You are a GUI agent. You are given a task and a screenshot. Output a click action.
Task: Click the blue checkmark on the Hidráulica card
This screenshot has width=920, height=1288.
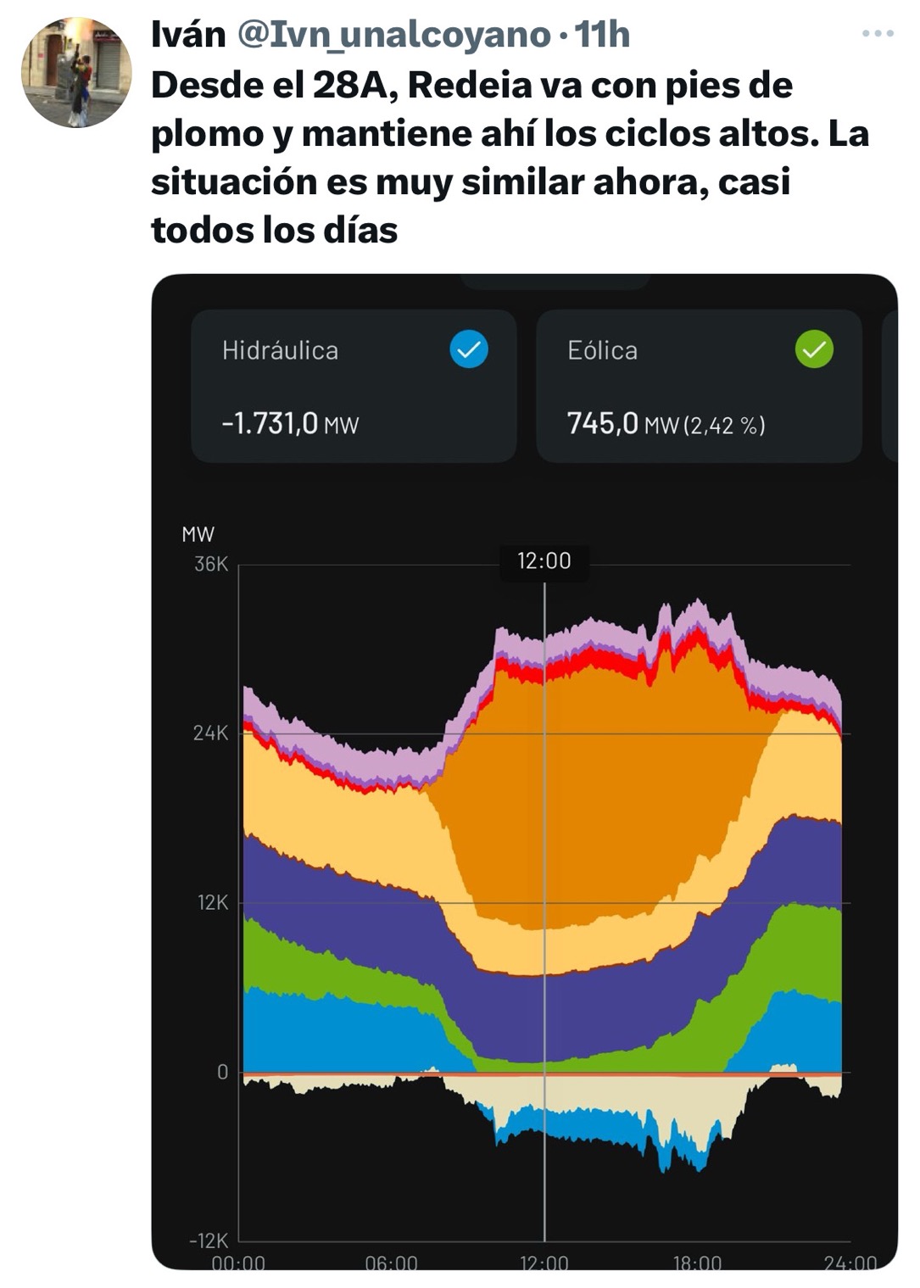coord(469,348)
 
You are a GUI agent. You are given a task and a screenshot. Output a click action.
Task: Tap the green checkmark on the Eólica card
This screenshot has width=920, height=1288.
coord(814,348)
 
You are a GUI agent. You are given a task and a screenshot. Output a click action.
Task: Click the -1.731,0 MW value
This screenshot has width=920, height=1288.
coord(290,424)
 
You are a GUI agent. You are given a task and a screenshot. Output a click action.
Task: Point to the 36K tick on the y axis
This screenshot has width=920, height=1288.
coord(211,564)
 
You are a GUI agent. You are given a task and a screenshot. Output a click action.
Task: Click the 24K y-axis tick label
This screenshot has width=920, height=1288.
coord(210,733)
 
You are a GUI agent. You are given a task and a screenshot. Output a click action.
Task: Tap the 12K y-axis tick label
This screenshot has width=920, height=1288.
coord(213,903)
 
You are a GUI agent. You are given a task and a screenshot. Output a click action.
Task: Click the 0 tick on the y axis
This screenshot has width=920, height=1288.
coord(222,1073)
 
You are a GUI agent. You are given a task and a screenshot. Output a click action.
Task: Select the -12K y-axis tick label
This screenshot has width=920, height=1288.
coord(208,1241)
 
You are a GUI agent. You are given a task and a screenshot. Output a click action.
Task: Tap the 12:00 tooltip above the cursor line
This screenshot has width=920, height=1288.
coord(544,560)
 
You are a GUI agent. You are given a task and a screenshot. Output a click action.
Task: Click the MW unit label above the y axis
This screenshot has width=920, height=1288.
coord(198,535)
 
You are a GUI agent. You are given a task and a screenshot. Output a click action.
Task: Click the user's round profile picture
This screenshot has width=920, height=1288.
coord(76,72)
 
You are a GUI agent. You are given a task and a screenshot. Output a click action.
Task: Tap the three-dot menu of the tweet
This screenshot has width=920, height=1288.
coord(878,34)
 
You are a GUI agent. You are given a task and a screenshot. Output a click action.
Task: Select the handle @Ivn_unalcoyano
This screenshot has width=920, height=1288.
coord(394,36)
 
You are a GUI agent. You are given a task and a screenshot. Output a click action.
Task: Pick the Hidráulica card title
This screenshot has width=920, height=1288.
coord(280,351)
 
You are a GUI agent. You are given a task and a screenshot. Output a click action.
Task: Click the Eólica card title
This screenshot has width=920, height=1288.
coord(602,351)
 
